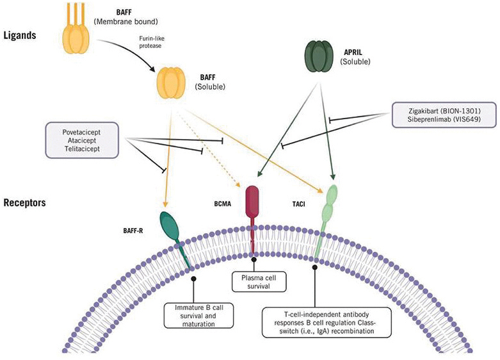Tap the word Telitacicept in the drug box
coord(86,149)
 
